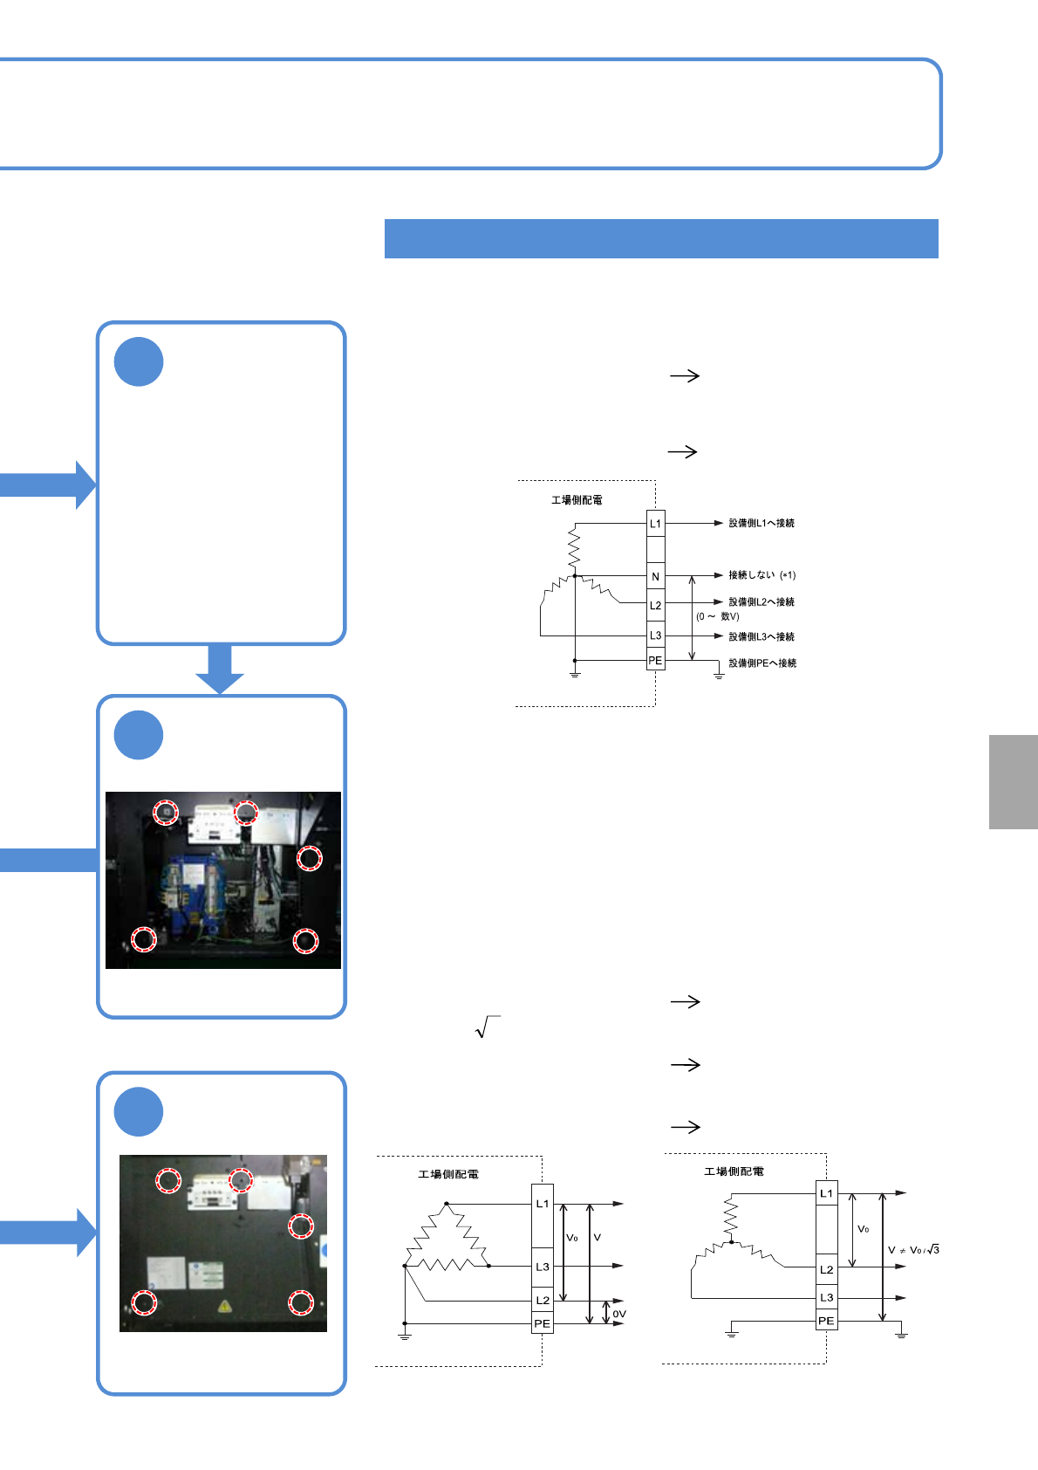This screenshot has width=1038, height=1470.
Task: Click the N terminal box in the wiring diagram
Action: [x=656, y=576]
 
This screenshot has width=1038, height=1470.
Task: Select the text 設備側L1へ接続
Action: [x=761, y=523]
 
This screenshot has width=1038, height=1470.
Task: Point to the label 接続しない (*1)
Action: [x=761, y=575]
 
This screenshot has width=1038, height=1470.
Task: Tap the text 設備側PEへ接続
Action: [x=762, y=663]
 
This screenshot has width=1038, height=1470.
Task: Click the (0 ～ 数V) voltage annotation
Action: [x=718, y=616]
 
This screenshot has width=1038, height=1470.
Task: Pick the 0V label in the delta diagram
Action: [x=619, y=1314]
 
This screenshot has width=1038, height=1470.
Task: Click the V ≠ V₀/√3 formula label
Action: [x=913, y=1250]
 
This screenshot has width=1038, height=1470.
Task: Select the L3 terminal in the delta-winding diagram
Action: [x=543, y=1267]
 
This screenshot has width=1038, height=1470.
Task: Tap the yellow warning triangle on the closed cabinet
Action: [x=225, y=1307]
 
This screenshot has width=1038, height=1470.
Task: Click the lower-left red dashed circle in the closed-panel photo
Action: [x=144, y=1303]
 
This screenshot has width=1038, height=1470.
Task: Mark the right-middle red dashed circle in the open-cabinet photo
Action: [x=309, y=858]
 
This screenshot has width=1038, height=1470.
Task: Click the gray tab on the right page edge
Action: [x=1014, y=781]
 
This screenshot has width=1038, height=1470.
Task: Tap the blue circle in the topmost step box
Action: [x=139, y=361]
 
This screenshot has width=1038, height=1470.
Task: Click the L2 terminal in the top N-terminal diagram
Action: [x=656, y=605]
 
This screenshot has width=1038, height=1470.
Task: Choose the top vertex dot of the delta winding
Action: [x=447, y=1204]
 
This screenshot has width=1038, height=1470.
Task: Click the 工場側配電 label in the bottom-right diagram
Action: [x=734, y=1171]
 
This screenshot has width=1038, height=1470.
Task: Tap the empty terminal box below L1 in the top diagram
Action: [x=656, y=550]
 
